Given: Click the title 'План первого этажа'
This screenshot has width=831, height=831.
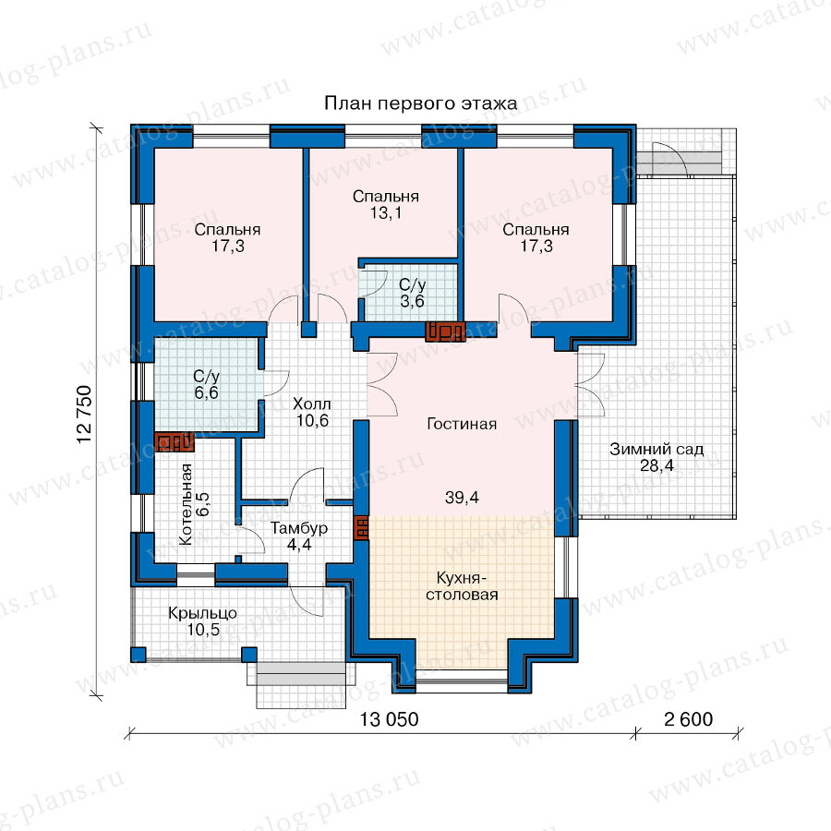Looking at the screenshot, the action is (x=421, y=103).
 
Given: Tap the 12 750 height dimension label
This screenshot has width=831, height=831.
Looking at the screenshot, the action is (x=85, y=415).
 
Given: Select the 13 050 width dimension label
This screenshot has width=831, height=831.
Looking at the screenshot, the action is (x=390, y=719).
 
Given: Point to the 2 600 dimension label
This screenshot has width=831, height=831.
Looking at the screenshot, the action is (x=689, y=719).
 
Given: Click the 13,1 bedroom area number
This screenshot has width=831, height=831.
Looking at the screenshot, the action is (x=385, y=213).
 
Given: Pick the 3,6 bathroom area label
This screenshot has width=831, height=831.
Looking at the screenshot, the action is (x=412, y=302).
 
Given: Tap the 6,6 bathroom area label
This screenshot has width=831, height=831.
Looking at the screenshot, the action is (x=206, y=392).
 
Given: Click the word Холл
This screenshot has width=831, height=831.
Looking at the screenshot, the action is (x=312, y=403).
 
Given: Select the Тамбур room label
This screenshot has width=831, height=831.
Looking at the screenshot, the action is (x=299, y=528).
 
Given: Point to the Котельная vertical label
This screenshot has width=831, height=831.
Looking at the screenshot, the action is (x=186, y=504).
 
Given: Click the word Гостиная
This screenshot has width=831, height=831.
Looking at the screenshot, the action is (x=462, y=424).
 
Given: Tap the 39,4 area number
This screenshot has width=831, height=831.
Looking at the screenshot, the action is (x=462, y=497).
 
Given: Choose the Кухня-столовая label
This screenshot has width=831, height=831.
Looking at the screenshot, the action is (x=462, y=586).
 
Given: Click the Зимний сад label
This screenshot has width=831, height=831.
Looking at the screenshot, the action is (x=656, y=450).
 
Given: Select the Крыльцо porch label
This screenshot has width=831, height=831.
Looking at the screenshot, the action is (x=202, y=614).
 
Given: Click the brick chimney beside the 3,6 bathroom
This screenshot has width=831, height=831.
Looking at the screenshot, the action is (x=445, y=331).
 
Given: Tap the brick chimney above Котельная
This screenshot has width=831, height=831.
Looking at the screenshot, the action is (x=175, y=442).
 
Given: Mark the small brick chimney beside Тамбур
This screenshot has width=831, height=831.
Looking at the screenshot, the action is (x=361, y=527).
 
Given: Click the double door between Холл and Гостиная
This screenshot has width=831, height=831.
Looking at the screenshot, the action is (x=381, y=384).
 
